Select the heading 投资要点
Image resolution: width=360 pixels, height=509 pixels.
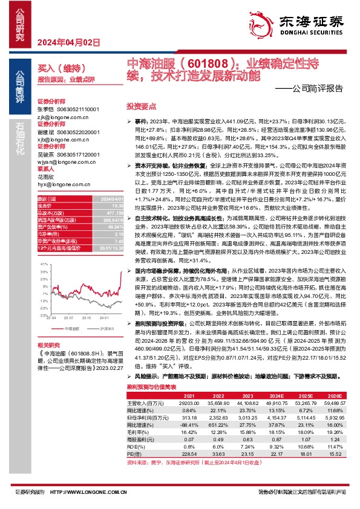140,105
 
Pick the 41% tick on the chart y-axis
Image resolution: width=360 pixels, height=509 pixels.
44,265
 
